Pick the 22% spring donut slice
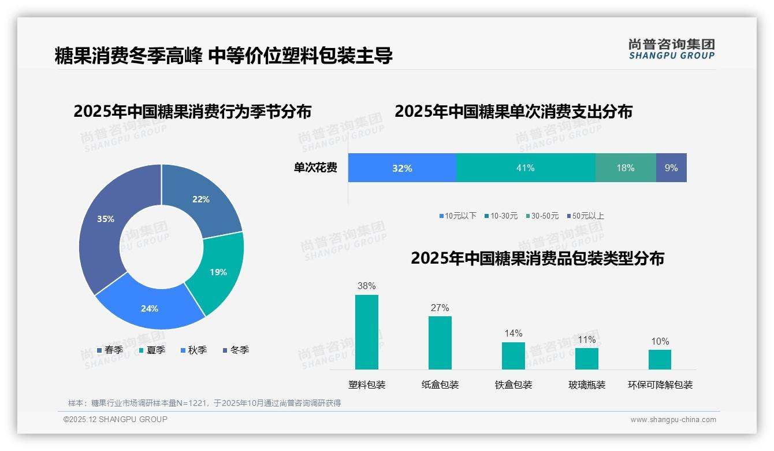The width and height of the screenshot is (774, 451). pos(202,199)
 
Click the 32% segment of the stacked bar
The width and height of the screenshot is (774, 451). pos(402,168)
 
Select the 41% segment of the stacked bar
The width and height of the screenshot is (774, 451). pos(526,168)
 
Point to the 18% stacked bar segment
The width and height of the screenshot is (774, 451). pos(626,168)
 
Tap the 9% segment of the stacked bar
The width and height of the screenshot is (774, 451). pos(671,168)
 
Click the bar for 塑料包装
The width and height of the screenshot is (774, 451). pos(366,332)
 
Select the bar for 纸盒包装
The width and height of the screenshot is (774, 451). pos(440,342)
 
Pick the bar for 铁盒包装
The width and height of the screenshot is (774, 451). pos(513,356)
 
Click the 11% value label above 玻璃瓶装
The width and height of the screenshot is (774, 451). pos(586,339)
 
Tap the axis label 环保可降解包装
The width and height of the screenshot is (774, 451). pos(660,385)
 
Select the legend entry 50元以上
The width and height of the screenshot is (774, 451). pos(587,216)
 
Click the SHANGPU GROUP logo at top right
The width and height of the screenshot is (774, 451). pos(671,49)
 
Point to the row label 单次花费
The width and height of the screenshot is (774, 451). pos(315,168)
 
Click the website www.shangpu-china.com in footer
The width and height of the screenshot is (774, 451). pos(673,419)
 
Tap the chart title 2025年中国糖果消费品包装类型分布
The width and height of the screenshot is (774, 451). pos(537,258)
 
